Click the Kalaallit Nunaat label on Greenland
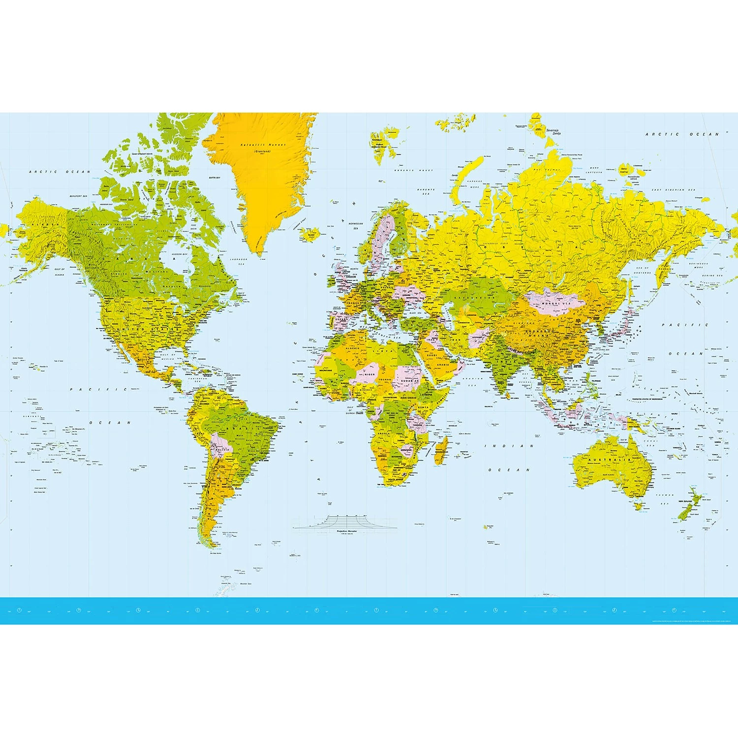pyautogui.click(x=263, y=145)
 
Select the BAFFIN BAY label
pyautogui.click(x=215, y=178)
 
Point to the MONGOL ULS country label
pyautogui.click(x=555, y=304)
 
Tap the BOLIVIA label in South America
pyautogui.click(x=223, y=449)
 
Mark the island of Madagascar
pyautogui.click(x=441, y=450)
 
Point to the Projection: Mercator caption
pyautogui.click(x=346, y=532)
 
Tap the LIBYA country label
pyautogui.click(x=389, y=350)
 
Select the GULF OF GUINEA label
pyautogui.click(x=350, y=410)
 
